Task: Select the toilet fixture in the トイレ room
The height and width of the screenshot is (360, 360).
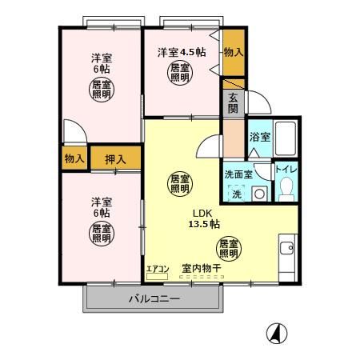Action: pos(286,190)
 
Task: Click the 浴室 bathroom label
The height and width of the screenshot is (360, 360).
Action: pos(260,137)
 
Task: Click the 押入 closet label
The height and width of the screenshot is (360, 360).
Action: pos(115,158)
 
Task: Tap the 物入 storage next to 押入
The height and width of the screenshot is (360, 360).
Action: pos(74,158)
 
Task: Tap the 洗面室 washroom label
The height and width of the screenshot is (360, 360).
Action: pos(238,174)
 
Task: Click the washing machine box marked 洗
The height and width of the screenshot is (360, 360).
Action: pos(237,194)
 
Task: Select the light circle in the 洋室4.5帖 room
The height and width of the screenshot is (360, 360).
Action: pos(179,74)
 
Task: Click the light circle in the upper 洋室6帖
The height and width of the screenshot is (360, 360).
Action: pos(101,89)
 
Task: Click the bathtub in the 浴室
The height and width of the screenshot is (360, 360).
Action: pos(286,138)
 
